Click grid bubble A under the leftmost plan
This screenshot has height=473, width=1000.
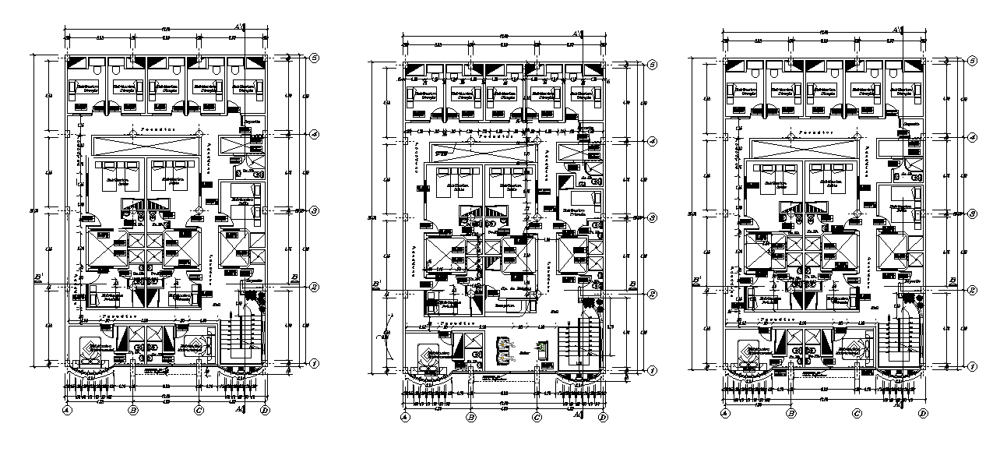click(x=68, y=411)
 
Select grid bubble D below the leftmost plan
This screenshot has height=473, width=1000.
click(x=266, y=411)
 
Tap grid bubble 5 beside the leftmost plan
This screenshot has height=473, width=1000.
click(x=315, y=58)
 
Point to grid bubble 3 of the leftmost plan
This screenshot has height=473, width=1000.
click(x=315, y=210)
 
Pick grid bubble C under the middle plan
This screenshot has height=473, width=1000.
click(x=537, y=418)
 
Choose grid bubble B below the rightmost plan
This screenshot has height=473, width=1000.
click(x=791, y=414)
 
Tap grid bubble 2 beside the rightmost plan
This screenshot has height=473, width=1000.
click(x=973, y=289)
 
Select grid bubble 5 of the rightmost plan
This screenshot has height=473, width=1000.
click(x=973, y=60)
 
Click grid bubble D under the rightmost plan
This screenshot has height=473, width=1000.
click(x=923, y=414)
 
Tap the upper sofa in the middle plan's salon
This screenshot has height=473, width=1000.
click(x=507, y=343)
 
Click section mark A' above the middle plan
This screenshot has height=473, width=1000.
click(x=576, y=34)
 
